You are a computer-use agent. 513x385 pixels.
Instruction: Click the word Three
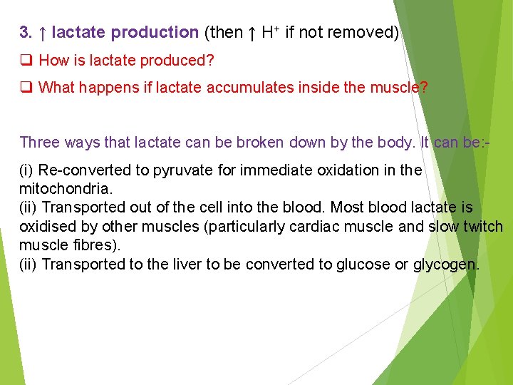(39, 142)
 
